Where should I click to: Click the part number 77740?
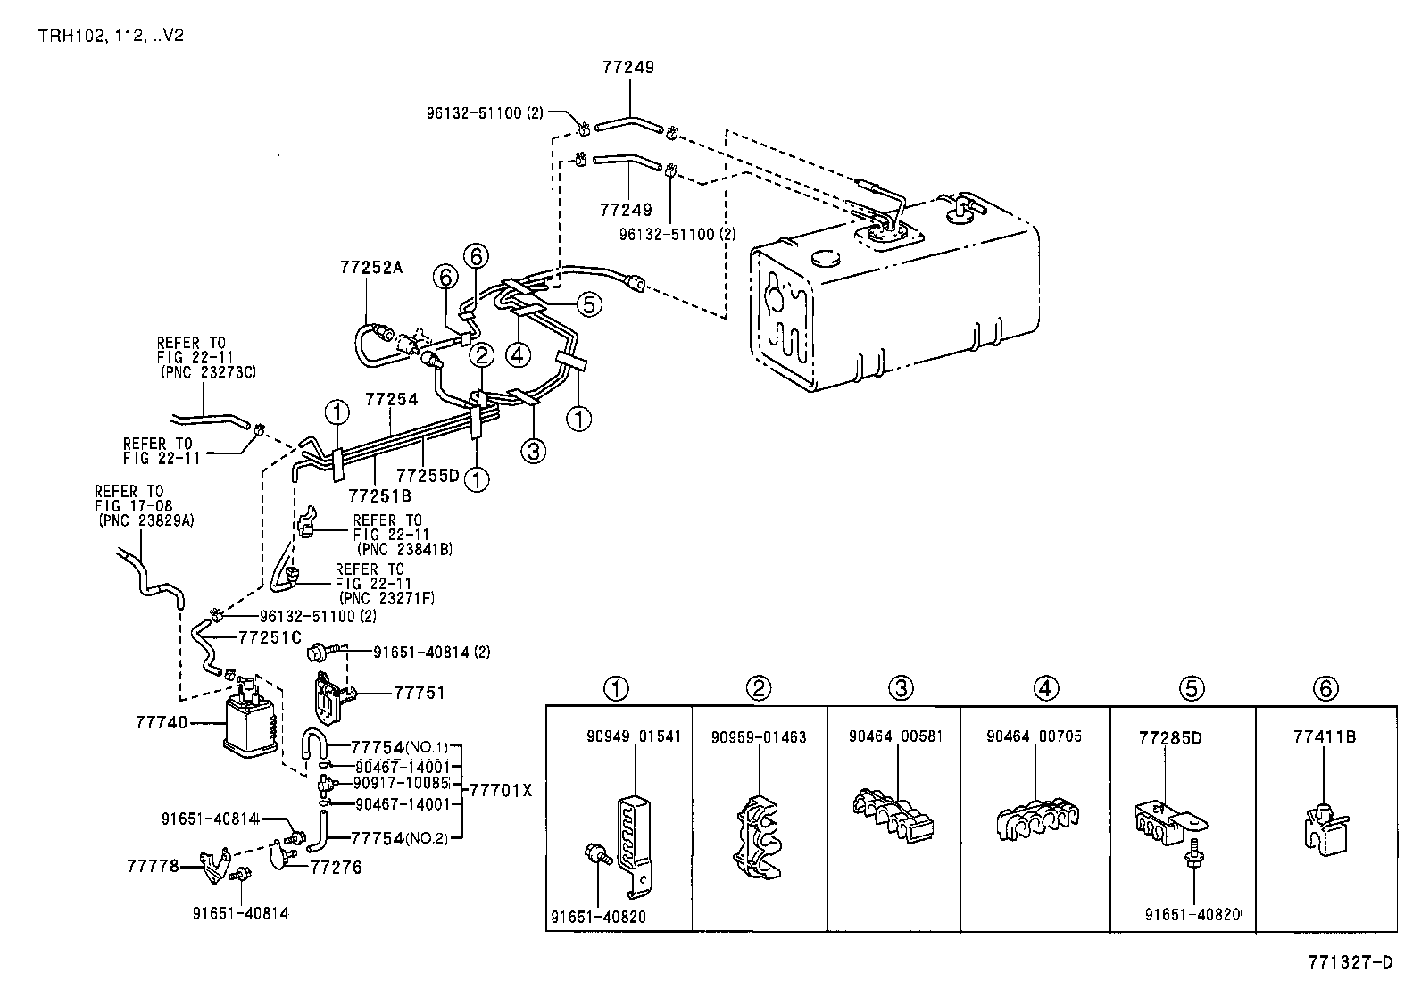point(162,722)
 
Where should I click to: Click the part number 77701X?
point(500,790)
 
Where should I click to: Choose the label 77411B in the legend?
point(1325,736)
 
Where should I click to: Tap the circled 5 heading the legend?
point(1192,688)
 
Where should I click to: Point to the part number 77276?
point(336,866)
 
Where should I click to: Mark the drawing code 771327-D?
point(1350,961)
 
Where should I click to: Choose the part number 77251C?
point(270,637)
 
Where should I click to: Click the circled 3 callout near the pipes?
point(533,452)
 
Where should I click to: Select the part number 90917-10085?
point(401,783)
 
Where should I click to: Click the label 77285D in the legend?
point(1169,737)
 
